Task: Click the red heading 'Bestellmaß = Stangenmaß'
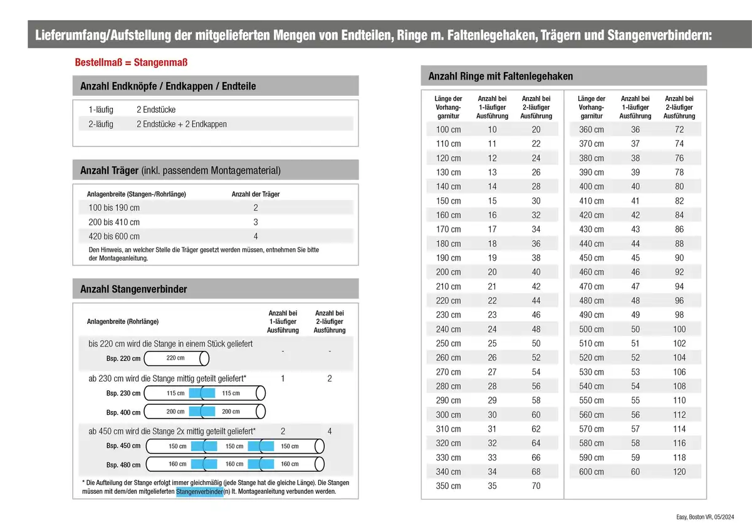tap(132, 63)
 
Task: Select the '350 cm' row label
tap(448, 486)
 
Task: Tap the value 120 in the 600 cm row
tap(679, 472)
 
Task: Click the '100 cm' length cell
tap(448, 130)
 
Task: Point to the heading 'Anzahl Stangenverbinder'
tap(133, 289)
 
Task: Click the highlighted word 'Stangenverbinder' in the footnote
tap(200, 492)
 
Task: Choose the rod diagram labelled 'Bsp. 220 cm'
tap(176, 358)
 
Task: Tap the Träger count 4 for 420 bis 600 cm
tap(256, 236)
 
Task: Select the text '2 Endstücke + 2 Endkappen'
tap(182, 124)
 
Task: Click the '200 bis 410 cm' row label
tap(113, 222)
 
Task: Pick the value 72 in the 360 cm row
tap(679, 130)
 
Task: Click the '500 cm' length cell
tap(592, 329)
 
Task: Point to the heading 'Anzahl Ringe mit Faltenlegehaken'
tap(500, 76)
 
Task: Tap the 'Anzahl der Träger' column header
tap(256, 194)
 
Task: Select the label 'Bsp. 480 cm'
tap(123, 465)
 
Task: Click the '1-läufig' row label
tap(101, 110)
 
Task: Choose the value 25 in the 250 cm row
tap(493, 343)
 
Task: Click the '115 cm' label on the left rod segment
tap(175, 394)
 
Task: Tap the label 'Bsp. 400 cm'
tap(123, 412)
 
